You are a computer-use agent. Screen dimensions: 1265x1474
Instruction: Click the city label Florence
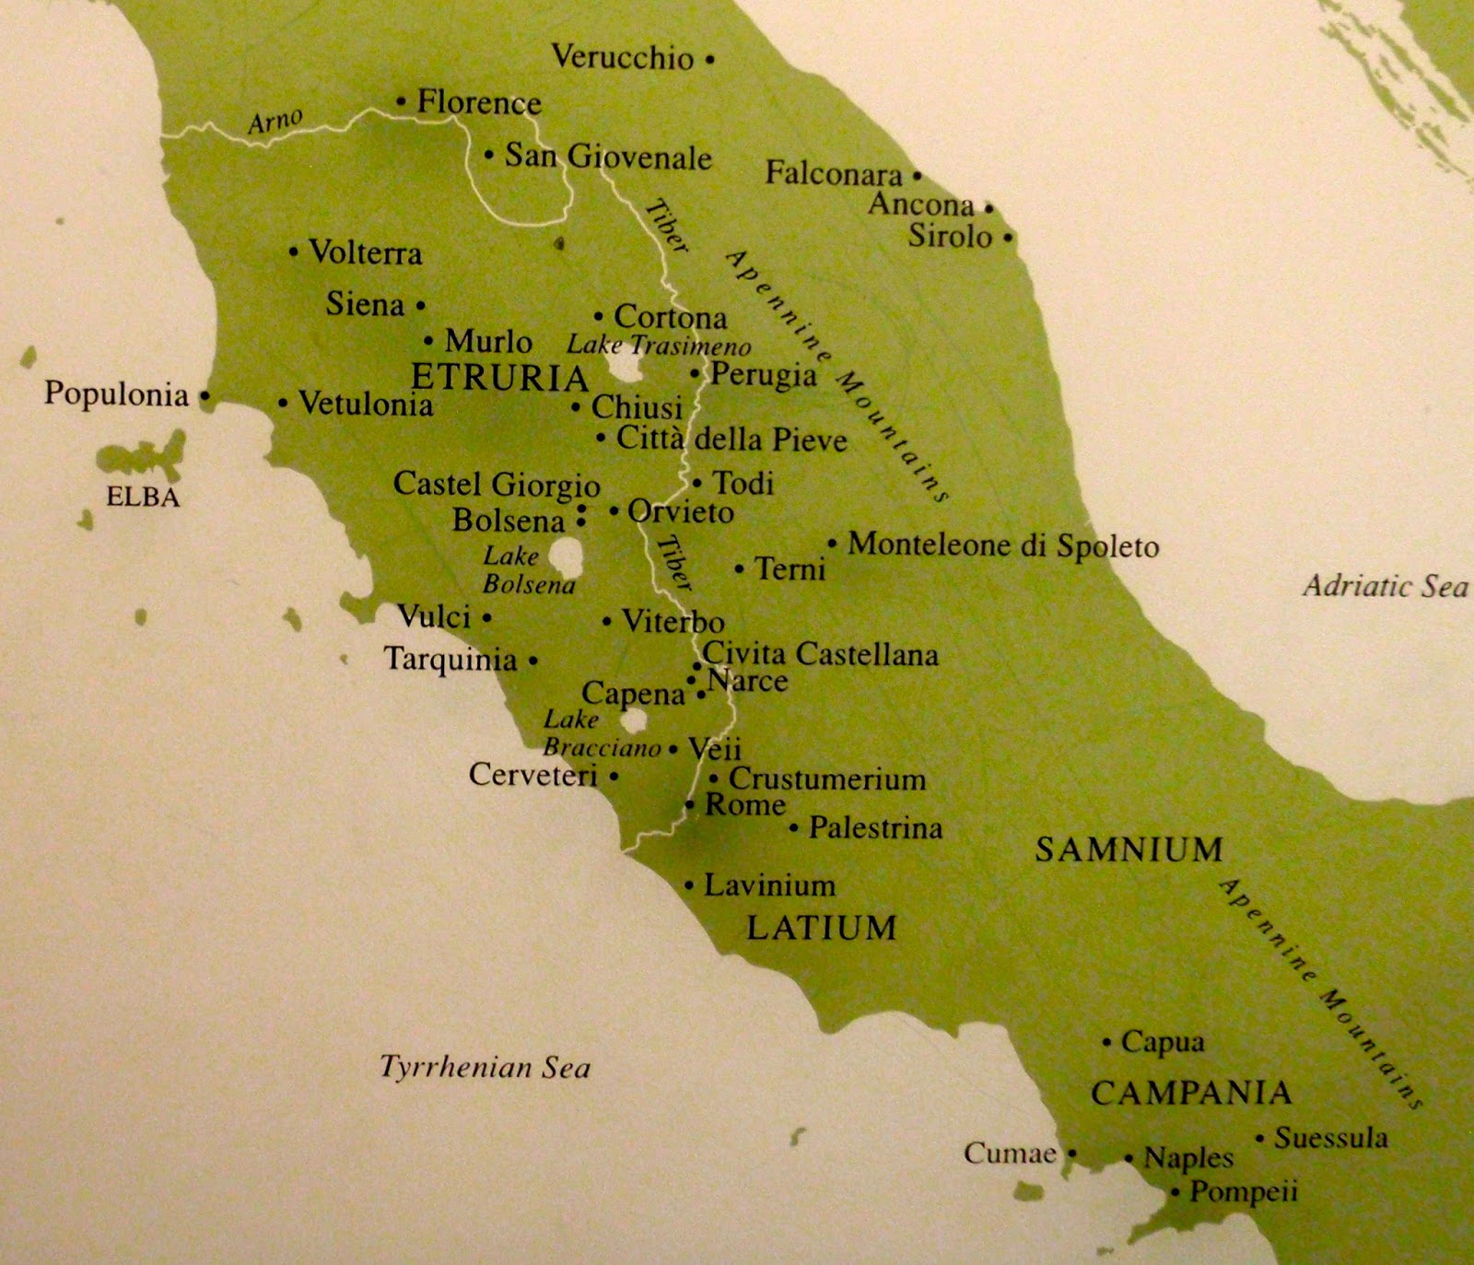(479, 102)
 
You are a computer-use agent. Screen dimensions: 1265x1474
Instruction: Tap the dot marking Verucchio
(709, 60)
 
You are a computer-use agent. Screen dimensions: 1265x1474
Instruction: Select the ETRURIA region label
(498, 378)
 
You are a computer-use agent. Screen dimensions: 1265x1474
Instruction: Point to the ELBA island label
(143, 498)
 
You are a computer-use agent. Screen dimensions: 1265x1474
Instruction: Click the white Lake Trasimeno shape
(626, 369)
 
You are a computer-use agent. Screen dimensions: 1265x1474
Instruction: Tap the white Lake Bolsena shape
(566, 556)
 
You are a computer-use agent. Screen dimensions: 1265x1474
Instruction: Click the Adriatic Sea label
(1385, 586)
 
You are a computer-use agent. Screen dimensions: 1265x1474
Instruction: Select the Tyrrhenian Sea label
(485, 1067)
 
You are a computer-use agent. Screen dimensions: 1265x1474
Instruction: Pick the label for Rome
(745, 804)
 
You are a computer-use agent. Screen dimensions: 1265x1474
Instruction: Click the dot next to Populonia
(205, 397)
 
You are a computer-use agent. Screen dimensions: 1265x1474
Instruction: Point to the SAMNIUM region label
(1129, 849)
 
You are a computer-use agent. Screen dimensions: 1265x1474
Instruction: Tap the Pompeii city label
(1244, 1191)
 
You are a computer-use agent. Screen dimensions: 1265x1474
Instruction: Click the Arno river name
(275, 121)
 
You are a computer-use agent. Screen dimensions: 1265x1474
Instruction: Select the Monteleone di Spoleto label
(1003, 545)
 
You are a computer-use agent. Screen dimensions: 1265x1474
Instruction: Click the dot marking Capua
(1107, 1043)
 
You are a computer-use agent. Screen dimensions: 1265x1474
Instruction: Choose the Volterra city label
(365, 252)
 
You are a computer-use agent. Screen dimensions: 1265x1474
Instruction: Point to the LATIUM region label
(821, 927)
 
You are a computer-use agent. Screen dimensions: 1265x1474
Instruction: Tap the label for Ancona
(921, 205)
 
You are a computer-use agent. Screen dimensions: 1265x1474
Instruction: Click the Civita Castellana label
(820, 654)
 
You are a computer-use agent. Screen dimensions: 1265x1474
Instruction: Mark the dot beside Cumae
(1072, 1154)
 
